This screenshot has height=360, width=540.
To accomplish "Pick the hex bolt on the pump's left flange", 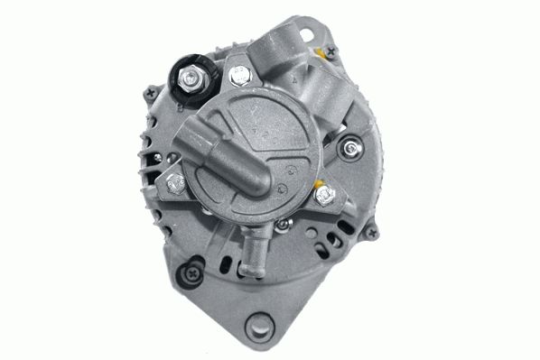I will [175, 184].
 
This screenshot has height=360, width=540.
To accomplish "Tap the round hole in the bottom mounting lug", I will [266, 324].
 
